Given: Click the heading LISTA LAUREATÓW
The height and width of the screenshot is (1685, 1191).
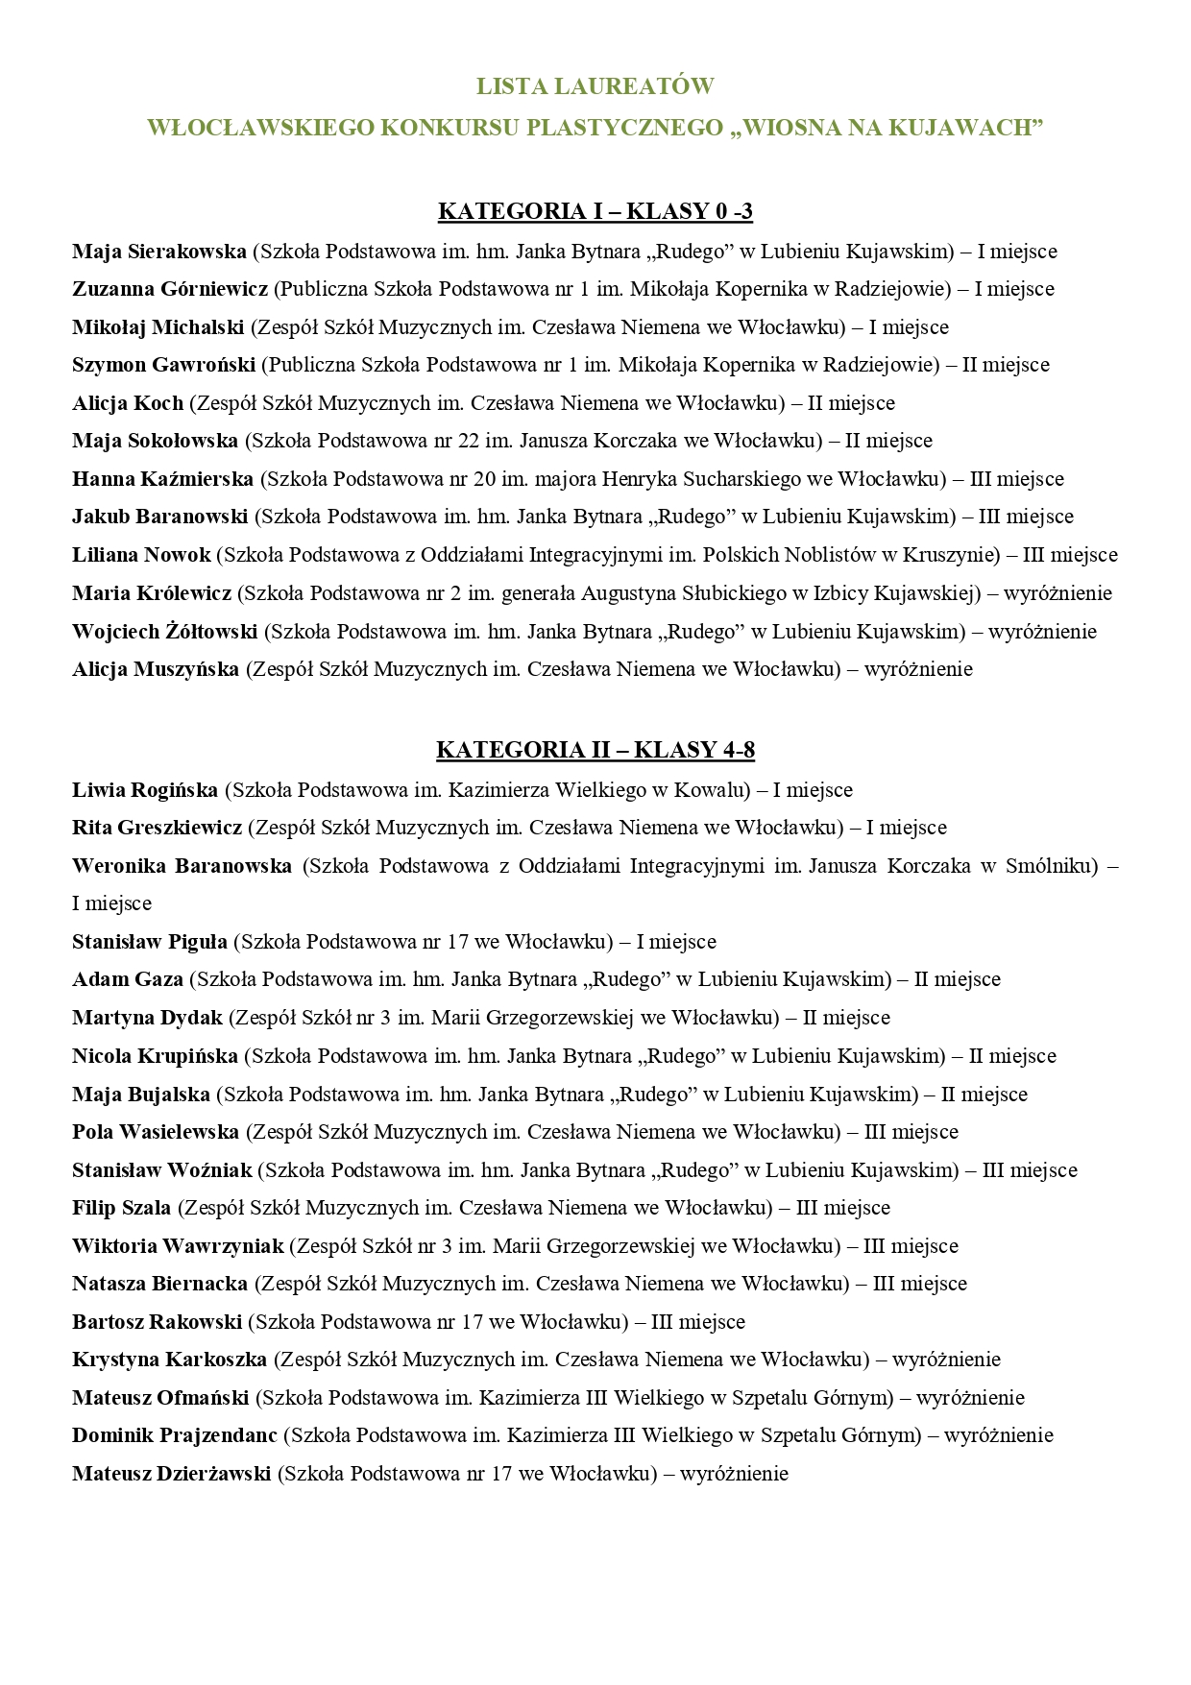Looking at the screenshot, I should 595,86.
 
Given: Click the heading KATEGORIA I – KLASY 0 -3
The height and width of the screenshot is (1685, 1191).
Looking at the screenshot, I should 595,211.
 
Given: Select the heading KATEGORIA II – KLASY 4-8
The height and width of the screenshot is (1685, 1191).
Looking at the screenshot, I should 595,750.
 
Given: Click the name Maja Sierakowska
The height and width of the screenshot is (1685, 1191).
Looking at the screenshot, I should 159,252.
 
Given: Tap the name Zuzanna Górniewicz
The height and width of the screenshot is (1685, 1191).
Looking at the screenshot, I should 170,289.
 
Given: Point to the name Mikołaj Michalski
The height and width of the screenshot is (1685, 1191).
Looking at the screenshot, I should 158,327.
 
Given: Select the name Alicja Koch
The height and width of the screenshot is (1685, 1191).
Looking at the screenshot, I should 128,403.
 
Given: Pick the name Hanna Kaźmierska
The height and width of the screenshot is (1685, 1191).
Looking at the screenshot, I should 163,479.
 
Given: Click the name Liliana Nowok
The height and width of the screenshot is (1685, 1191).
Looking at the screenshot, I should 141,555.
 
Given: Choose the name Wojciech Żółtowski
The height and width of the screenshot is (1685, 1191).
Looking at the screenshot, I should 165,632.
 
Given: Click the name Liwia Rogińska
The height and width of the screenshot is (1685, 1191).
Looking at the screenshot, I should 145,790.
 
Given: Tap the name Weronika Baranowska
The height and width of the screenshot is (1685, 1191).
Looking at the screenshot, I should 182,866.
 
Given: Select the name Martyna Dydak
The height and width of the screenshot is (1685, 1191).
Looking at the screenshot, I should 147,1018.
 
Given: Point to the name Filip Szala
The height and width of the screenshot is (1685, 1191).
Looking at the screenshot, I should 122,1208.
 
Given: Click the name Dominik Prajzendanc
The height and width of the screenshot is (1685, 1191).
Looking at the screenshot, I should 175,1435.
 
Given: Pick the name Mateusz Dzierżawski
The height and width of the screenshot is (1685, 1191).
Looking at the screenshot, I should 172,1474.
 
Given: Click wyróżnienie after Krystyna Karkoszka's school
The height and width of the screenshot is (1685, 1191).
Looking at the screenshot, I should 946,1360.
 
